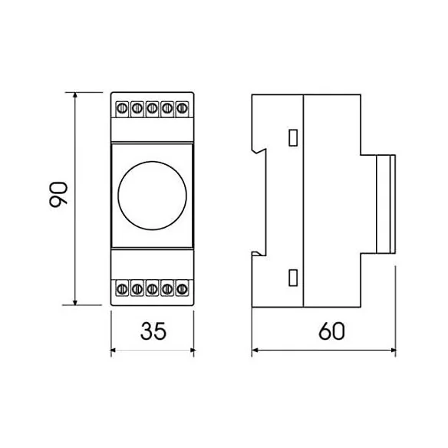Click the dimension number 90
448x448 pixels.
[x=58, y=194]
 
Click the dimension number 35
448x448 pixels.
[x=153, y=331]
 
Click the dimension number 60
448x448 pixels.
[x=331, y=331]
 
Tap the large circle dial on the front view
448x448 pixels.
[x=153, y=196]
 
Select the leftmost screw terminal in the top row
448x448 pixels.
[x=122, y=109]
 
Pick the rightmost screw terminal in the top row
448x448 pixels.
[x=182, y=109]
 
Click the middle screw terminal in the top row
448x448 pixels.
[x=153, y=109]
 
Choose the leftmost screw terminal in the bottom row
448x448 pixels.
[x=122, y=288]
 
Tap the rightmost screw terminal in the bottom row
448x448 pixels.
[x=182, y=288]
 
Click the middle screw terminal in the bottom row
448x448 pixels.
[x=153, y=288]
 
